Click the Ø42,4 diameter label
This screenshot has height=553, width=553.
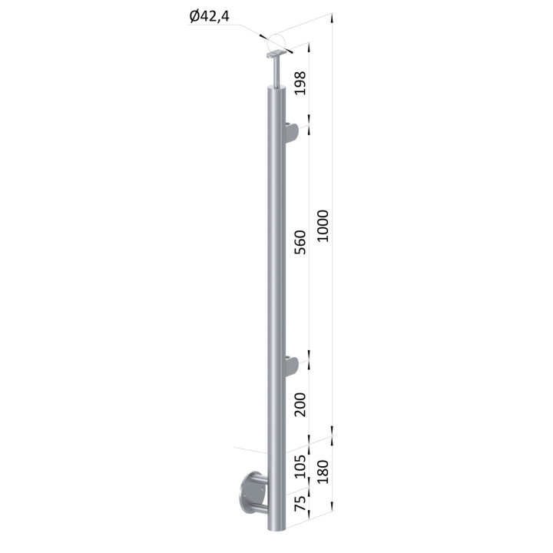click(x=210, y=16)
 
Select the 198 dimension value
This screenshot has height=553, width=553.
click(x=300, y=83)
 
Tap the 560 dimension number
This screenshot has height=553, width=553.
click(x=300, y=242)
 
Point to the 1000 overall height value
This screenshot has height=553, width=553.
click(x=323, y=226)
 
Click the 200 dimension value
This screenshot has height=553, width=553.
click(x=300, y=405)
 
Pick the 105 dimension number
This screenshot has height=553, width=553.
click(x=300, y=466)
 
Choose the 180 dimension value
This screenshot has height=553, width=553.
click(x=323, y=472)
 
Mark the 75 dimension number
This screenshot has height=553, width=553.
click(x=300, y=503)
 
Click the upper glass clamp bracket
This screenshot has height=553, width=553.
click(x=291, y=133)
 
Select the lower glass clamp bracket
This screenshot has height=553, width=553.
click(x=291, y=367)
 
